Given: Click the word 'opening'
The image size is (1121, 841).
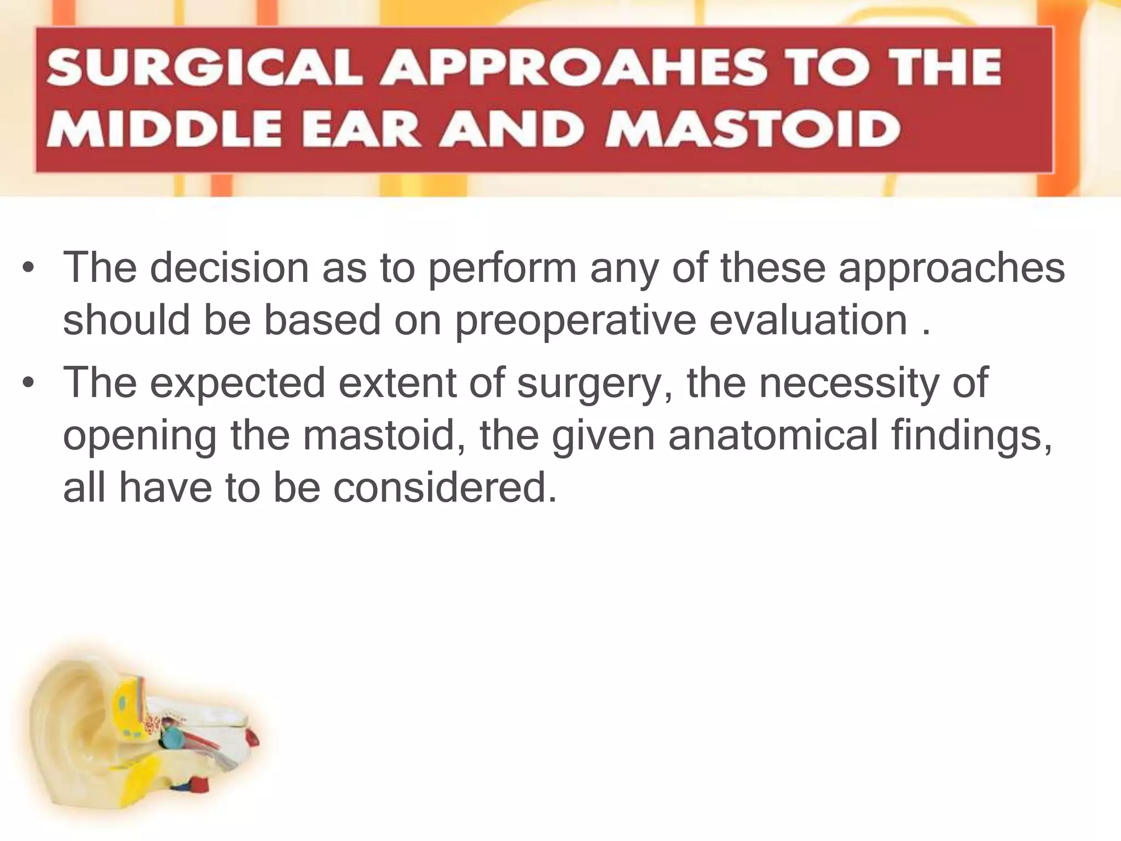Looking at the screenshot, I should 140,437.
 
